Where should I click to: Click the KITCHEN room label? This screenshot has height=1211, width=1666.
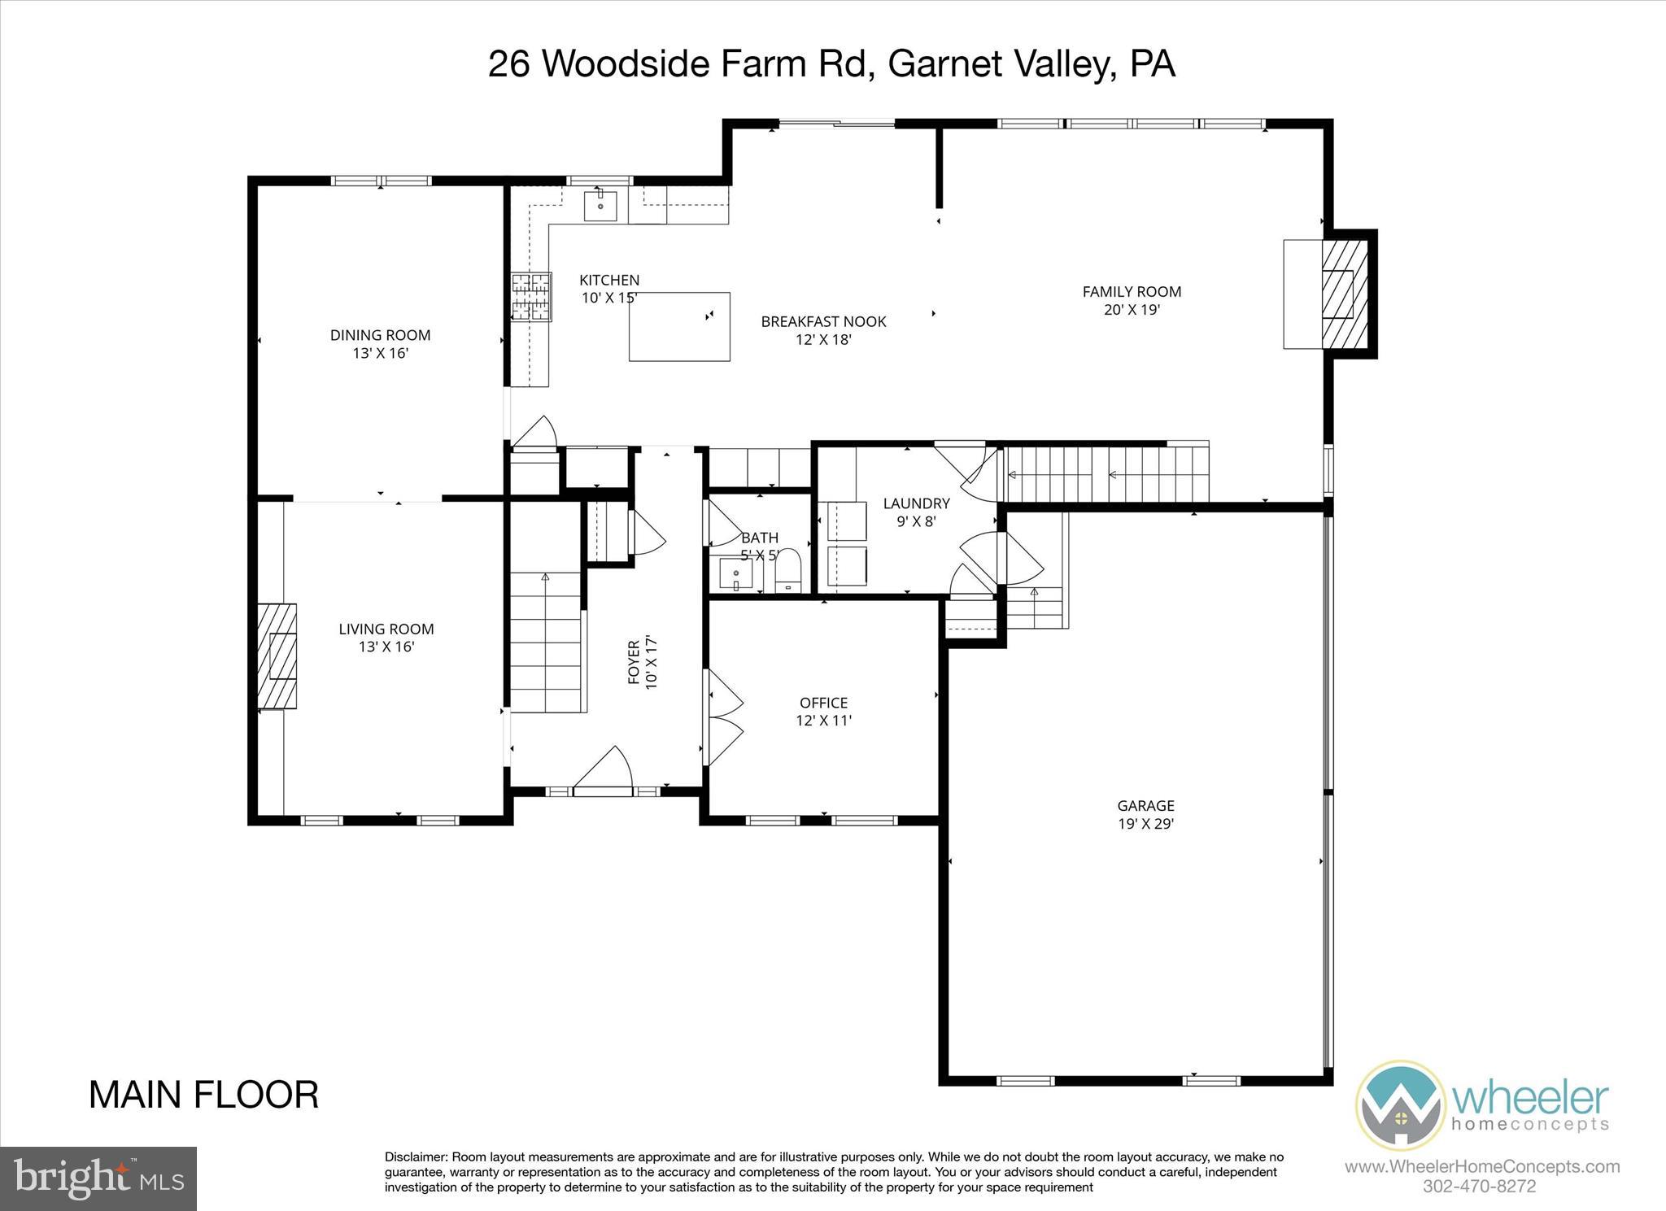609,280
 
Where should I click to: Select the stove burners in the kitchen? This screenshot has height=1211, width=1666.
531,297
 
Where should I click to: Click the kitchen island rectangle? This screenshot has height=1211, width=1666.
678,326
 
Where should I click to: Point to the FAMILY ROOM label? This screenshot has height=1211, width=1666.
1132,291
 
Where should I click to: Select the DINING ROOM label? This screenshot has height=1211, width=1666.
380,334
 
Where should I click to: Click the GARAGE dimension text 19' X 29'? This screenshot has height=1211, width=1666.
1145,823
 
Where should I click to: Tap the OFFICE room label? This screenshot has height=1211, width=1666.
823,702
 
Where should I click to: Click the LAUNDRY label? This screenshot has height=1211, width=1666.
916,503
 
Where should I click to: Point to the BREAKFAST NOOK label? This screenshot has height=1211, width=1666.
823,321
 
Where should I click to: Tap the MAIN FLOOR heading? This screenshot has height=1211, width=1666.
203,1095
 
